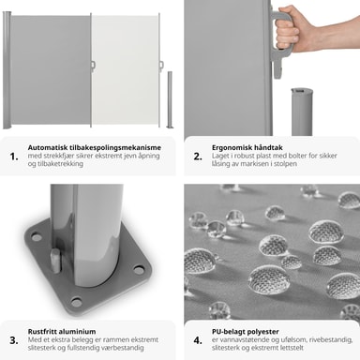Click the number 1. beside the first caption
[14, 157]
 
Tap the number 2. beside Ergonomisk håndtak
[198, 157]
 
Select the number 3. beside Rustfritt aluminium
[14, 340]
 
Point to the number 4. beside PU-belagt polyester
[198, 340]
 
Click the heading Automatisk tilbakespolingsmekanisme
[95, 147]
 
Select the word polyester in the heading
[263, 332]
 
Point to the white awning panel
[125, 70]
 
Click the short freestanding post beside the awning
[170, 99]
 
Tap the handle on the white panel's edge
[161, 65]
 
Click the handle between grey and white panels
[93, 65]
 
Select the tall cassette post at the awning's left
[7, 70]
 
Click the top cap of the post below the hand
[302, 91]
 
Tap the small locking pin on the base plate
[55, 260]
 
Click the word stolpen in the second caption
[286, 164]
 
